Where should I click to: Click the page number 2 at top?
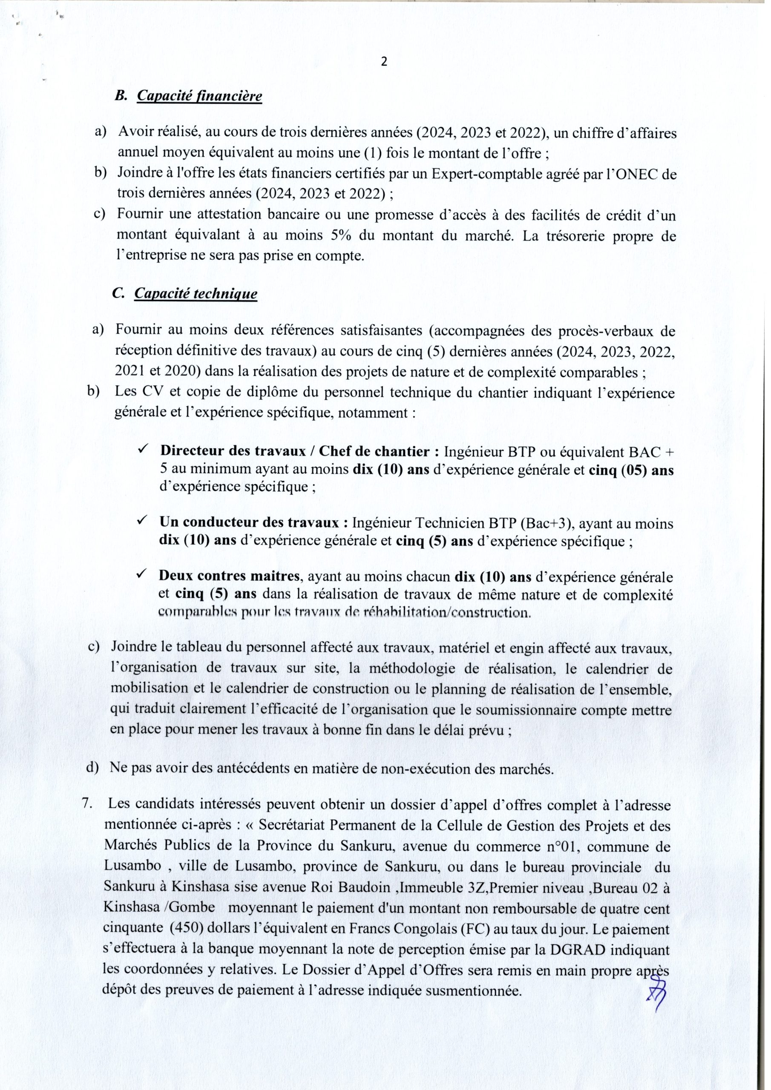(x=384, y=62)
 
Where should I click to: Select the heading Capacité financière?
(x=199, y=96)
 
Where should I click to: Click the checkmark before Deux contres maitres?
(x=143, y=574)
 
